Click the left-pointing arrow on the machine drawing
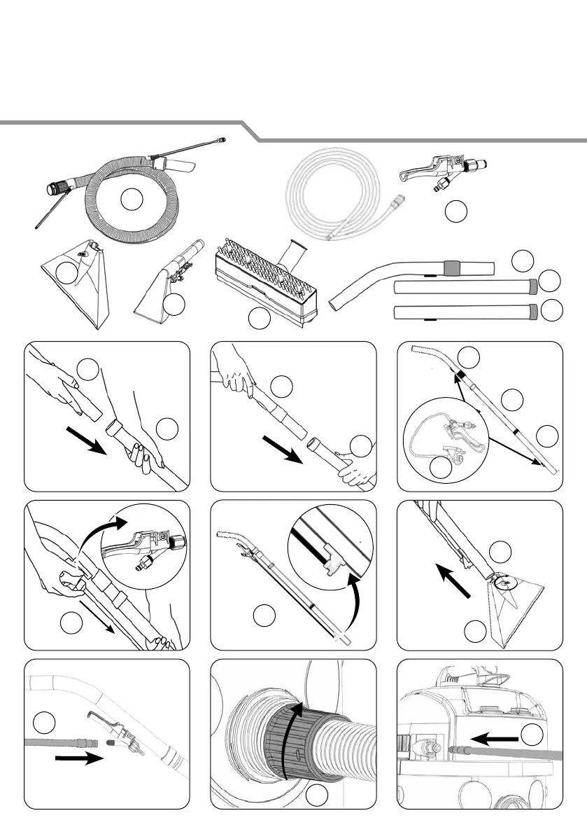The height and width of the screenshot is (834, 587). click(493, 737)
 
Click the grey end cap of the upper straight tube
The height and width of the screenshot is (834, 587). click(533, 286)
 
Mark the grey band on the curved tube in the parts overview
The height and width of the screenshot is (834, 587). click(452, 267)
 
